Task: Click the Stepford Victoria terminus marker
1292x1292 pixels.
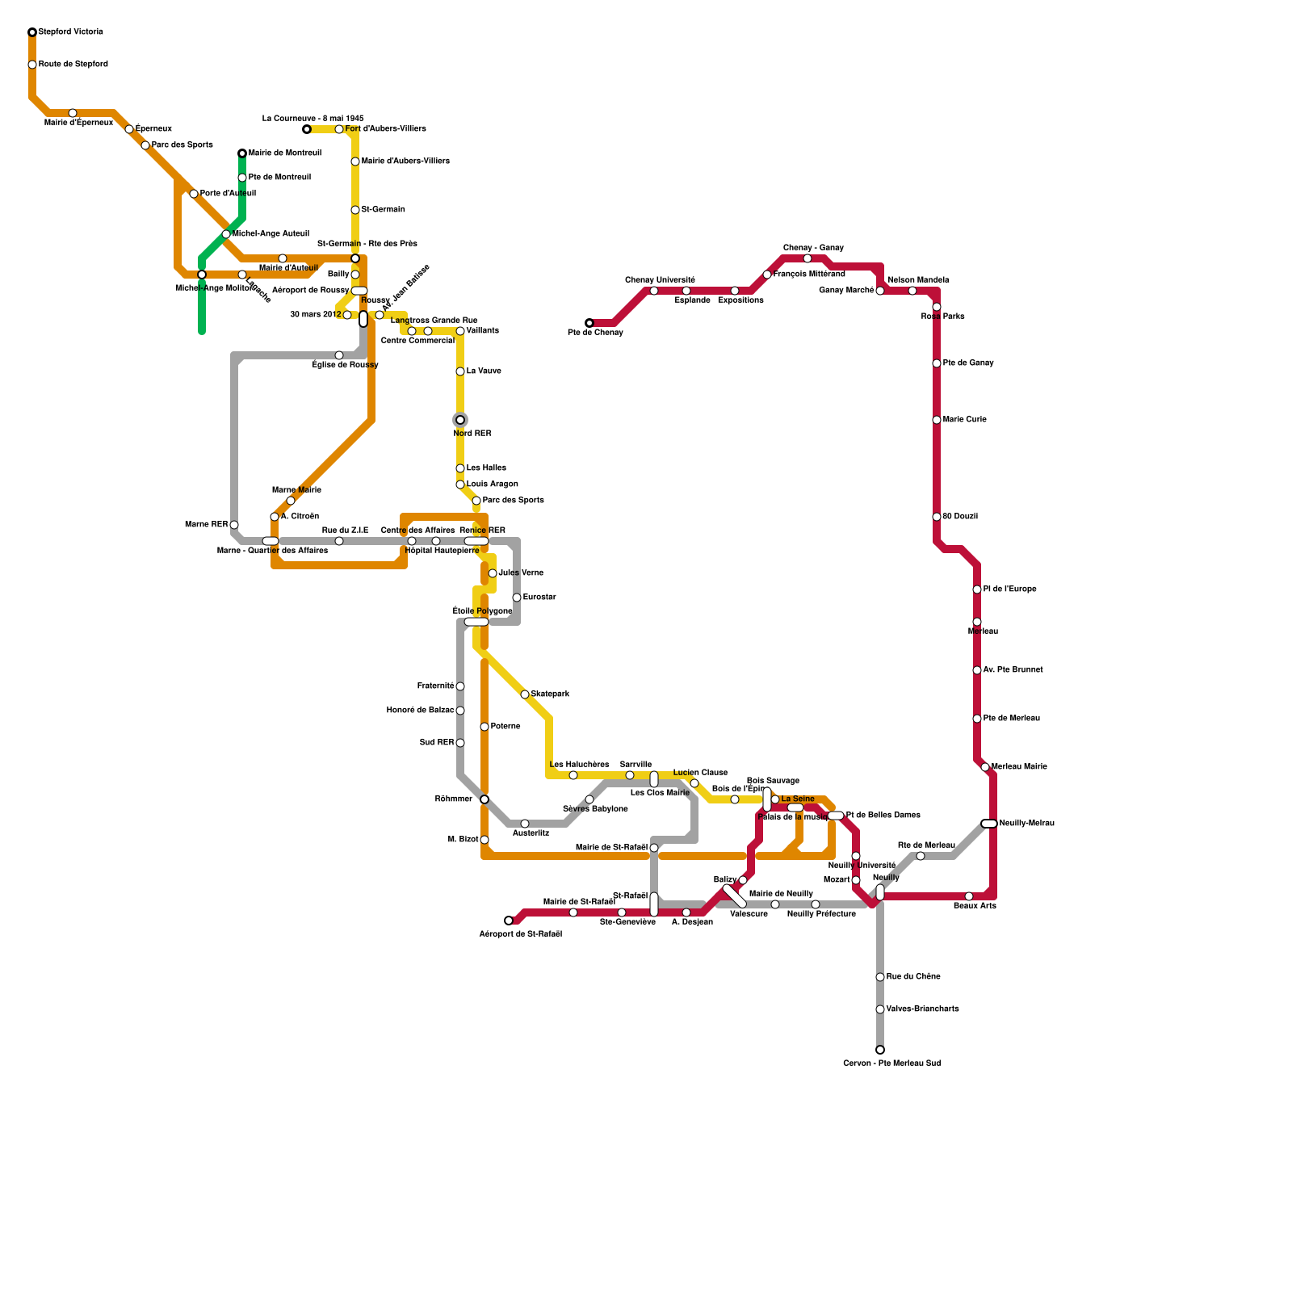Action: click(32, 32)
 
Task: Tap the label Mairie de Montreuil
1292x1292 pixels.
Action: click(284, 153)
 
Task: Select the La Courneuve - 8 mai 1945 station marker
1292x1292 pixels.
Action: click(307, 129)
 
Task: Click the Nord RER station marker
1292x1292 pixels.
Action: click(460, 420)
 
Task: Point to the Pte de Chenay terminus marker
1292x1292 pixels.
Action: click(589, 323)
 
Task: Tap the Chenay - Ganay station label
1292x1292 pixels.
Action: click(813, 248)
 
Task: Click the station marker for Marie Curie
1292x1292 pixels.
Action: click(937, 420)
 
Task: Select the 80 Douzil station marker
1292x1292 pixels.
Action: click(937, 517)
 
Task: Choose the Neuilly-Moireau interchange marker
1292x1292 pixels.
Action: click(989, 824)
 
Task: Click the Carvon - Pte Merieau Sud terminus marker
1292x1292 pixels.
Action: click(880, 1050)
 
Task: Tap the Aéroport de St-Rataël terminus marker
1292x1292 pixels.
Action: click(509, 921)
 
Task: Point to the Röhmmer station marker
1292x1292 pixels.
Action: click(484, 799)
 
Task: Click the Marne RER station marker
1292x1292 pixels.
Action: click(234, 525)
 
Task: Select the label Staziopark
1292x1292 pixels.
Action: click(550, 694)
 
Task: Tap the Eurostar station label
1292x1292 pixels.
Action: click(539, 598)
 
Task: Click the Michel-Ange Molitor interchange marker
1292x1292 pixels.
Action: click(202, 275)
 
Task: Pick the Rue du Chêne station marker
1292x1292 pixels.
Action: click(880, 977)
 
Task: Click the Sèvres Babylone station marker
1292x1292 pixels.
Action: click(589, 799)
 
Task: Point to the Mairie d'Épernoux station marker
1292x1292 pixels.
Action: click(73, 113)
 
